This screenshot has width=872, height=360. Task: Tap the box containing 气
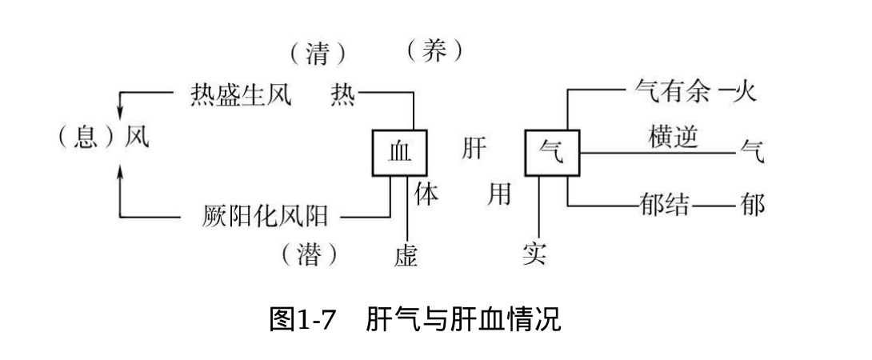[552, 152]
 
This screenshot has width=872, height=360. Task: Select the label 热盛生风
[241, 95]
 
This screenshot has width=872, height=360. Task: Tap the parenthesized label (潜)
[310, 255]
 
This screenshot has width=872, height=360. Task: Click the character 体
[427, 195]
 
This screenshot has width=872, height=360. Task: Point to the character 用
[499, 195]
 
